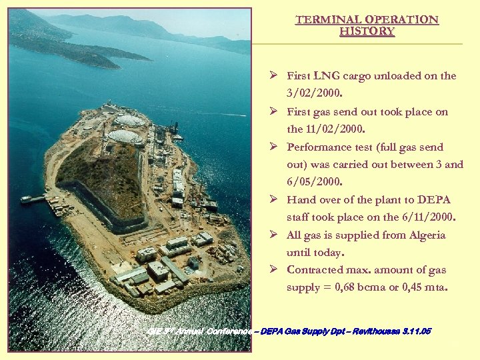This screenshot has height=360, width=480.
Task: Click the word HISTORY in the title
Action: click(367, 31)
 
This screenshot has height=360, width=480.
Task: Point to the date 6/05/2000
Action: click(313, 182)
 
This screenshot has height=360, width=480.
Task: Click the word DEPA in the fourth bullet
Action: click(434, 200)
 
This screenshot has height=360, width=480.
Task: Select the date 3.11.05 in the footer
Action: click(415, 331)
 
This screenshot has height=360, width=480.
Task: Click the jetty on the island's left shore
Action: click(33, 199)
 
